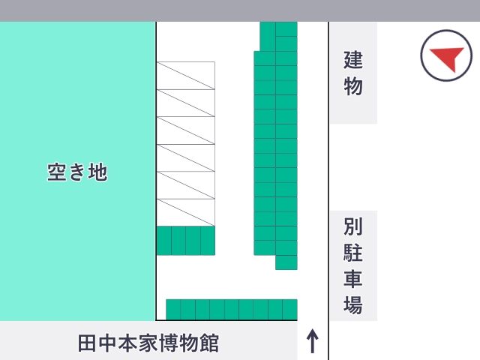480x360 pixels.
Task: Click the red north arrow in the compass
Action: coord(449,57)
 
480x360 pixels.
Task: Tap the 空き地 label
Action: coord(77,172)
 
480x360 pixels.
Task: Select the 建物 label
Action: coord(353,73)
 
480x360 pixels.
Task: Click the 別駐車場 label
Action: coord(353,265)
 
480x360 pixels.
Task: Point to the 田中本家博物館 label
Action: coord(148,343)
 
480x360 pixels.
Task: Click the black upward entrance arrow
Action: coord(312,341)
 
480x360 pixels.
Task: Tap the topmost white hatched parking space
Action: coord(186,76)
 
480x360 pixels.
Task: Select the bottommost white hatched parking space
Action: coord(186,212)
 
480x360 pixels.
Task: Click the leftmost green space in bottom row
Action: coord(173,310)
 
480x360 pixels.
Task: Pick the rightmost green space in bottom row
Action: coord(290,310)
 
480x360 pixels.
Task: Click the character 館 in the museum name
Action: coord(209,343)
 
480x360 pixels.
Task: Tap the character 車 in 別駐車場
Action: coord(353,278)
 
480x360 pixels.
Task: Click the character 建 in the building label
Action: coord(353,60)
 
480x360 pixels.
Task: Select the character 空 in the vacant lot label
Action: coord(57,172)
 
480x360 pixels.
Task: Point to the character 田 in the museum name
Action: coord(87,343)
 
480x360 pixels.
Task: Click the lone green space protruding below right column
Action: coord(286,262)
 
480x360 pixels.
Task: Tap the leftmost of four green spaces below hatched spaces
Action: coord(164,241)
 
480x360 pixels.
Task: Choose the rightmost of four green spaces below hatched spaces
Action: coord(208,241)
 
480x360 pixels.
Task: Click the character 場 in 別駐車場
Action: coord(353,304)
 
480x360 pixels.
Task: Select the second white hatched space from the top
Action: coord(186,103)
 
